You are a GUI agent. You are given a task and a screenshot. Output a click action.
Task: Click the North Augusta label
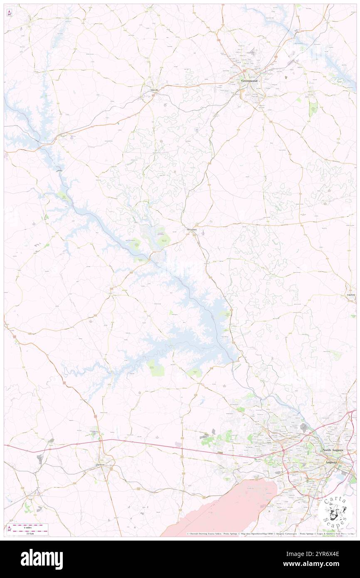coord(333,450)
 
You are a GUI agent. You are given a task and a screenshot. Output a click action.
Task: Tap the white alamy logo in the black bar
coord(42,559)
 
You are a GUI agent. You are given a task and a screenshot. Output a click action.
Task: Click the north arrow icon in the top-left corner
coord(9,12)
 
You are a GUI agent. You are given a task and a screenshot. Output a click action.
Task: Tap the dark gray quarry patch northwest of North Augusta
coord(304,427)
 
